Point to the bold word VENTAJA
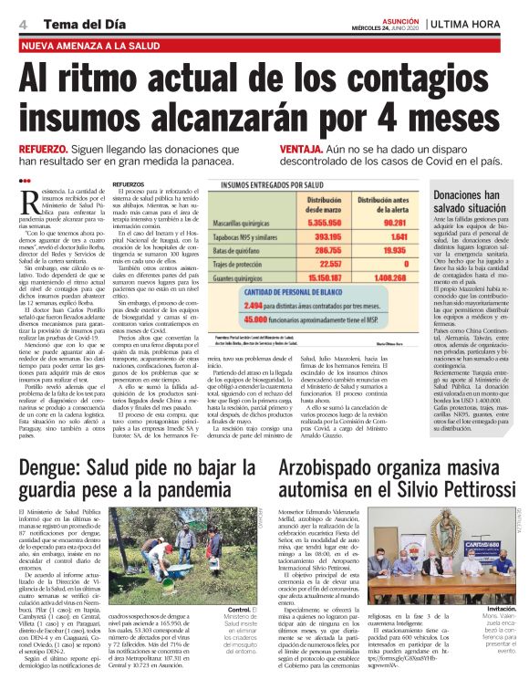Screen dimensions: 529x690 [300, 148]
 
